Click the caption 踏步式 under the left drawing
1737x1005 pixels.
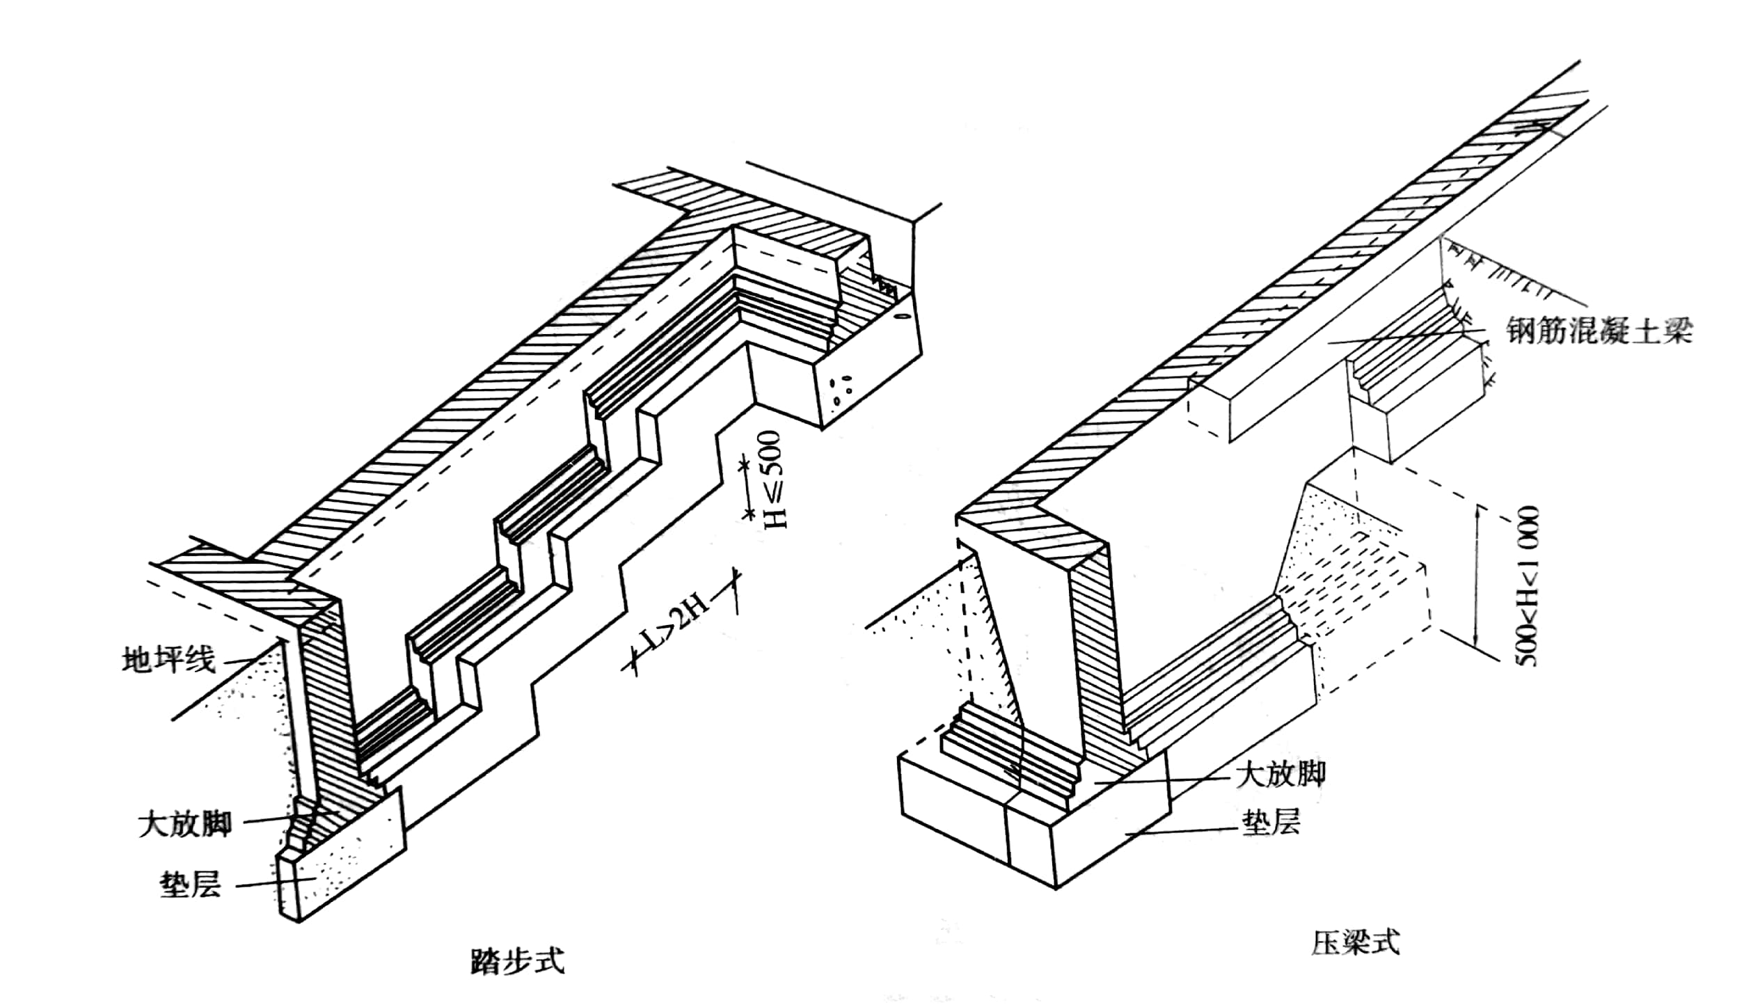coord(517,961)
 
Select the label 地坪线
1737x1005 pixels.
coord(169,660)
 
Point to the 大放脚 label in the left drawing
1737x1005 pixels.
coord(184,825)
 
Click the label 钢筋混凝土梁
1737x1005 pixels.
coord(1599,331)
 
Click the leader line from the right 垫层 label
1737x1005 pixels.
coord(1183,831)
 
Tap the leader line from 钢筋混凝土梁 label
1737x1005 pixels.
coord(1413,336)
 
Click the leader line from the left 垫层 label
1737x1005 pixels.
coord(271,883)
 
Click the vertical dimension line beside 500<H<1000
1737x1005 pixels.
coord(1475,585)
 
